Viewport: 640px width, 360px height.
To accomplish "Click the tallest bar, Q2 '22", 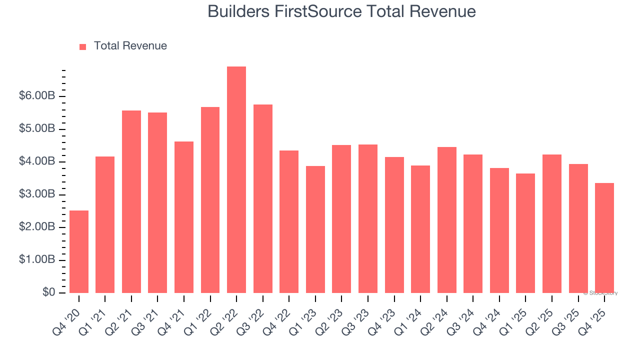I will coord(236,180).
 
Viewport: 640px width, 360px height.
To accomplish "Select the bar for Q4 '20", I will coord(79,252).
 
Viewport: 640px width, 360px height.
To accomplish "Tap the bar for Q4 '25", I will coord(604,238).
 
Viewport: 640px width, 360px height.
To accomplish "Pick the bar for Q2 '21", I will coord(131,202).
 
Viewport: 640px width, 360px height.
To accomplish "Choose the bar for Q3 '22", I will coord(263,199).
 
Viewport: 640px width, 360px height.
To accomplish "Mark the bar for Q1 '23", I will coord(315,229).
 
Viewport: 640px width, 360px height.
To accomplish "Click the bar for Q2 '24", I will coord(446,220).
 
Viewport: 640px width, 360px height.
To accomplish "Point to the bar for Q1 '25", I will coord(525,233).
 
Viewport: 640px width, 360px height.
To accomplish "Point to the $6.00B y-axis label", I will coord(37,96).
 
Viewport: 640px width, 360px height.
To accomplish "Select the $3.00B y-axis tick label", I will coord(37,194).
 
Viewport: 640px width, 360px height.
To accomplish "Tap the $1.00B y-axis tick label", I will coord(37,260).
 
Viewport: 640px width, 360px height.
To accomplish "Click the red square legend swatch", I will coord(83,46).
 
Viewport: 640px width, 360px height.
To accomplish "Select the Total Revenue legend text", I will coord(130,46).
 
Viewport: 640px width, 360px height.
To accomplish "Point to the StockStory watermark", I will coord(600,293).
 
